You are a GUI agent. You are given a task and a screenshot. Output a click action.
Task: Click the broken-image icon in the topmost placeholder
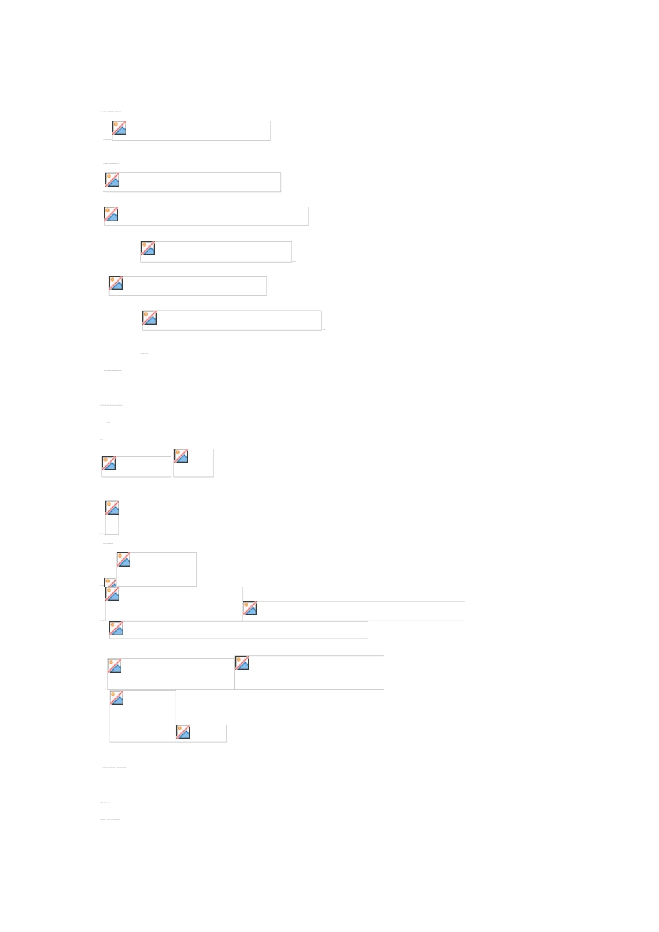click(x=119, y=128)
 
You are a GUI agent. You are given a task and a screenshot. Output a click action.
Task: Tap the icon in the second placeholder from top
click(x=112, y=180)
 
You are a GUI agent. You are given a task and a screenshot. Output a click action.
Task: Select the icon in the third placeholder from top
click(x=111, y=214)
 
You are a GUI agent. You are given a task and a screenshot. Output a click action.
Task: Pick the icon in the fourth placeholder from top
click(x=148, y=248)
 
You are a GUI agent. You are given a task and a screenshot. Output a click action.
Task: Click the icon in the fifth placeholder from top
click(x=116, y=283)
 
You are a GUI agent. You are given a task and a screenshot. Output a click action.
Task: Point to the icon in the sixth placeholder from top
click(x=150, y=318)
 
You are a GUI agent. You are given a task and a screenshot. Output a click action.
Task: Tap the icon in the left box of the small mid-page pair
click(x=109, y=463)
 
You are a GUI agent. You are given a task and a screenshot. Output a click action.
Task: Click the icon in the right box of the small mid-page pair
click(x=181, y=456)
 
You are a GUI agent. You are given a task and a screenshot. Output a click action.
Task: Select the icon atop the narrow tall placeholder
click(x=112, y=507)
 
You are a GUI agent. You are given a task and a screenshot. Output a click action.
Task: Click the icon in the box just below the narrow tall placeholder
click(x=123, y=559)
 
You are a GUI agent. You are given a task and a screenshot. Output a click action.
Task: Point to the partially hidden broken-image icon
click(x=110, y=582)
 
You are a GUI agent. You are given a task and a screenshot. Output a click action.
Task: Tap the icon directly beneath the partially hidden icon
click(x=112, y=594)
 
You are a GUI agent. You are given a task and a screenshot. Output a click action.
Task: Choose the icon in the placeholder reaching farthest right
click(x=250, y=608)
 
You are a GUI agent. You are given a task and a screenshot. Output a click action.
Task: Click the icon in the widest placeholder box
click(x=117, y=628)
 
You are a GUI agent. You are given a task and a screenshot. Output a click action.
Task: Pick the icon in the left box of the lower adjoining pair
click(x=114, y=666)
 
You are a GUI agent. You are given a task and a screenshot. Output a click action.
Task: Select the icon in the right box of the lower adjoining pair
click(x=242, y=663)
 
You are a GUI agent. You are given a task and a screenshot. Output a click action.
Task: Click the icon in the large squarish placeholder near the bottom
click(x=117, y=698)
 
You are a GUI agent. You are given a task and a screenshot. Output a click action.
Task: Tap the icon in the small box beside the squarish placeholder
click(x=183, y=732)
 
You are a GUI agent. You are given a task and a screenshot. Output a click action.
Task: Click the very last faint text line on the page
click(x=110, y=819)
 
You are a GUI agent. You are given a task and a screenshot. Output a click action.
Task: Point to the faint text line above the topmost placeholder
click(x=110, y=111)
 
